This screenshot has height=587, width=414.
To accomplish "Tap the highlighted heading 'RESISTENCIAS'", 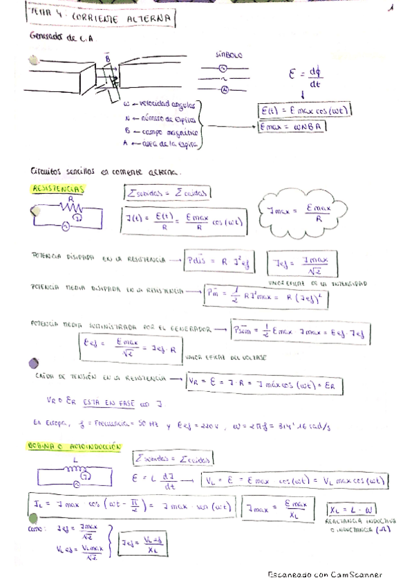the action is pyautogui.click(x=58, y=188).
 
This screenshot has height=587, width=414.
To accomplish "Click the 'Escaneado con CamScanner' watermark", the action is pyautogui.click(x=324, y=575).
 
